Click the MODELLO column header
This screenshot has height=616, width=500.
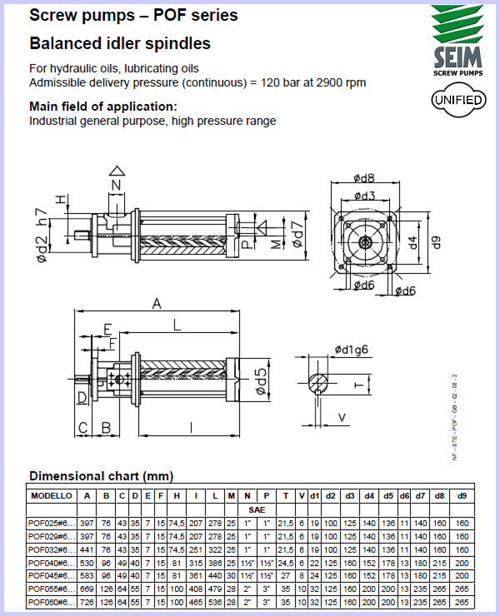click(51, 496)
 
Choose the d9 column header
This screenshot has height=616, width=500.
click(461, 496)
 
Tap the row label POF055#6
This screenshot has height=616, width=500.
click(51, 589)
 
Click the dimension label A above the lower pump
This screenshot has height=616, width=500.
click(156, 305)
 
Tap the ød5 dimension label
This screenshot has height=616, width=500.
click(259, 380)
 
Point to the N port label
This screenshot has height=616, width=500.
click(116, 184)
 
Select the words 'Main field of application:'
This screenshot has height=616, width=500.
click(103, 107)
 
